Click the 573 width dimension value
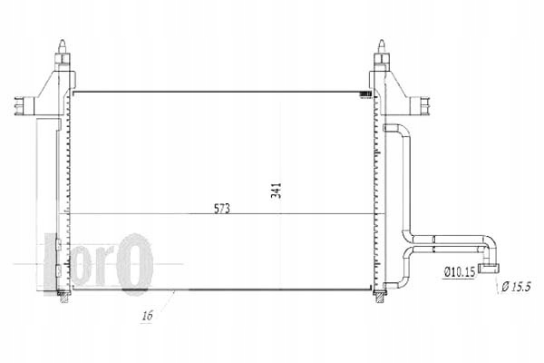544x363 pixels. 222,208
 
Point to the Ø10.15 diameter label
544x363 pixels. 460,270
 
